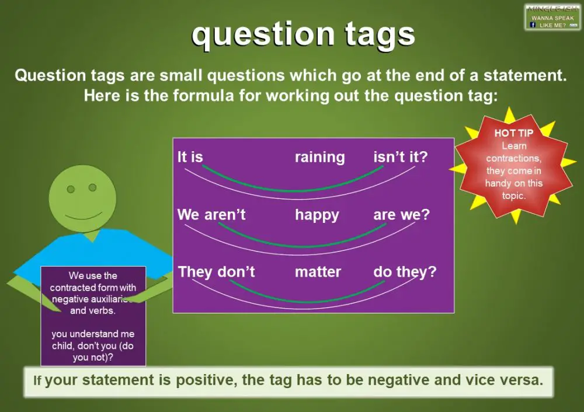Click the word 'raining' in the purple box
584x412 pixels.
[x=319, y=158]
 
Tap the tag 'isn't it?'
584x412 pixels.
[x=400, y=158]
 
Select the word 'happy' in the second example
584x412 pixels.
[x=317, y=215]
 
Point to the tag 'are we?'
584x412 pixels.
[x=401, y=215]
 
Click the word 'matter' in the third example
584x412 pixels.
[x=318, y=272]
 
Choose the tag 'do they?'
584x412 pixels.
[x=405, y=272]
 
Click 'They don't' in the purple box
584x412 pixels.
[x=216, y=272]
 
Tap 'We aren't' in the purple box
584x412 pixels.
[x=211, y=215]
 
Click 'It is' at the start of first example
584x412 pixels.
[x=190, y=158]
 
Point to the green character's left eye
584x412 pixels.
[x=71, y=189]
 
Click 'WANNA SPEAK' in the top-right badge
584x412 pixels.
[x=552, y=18]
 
